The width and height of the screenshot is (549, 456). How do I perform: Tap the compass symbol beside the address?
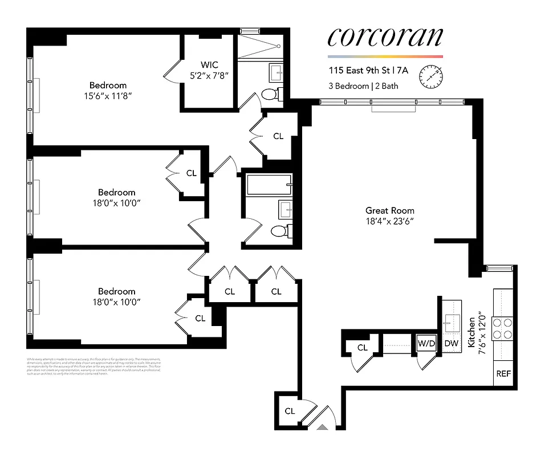(x=431, y=77)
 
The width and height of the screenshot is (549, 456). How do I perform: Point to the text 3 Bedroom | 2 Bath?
(x=363, y=87)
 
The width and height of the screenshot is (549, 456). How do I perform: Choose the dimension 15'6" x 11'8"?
(x=108, y=96)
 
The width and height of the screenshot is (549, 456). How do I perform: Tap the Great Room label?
(x=390, y=210)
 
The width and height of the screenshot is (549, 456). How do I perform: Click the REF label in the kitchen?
(x=503, y=374)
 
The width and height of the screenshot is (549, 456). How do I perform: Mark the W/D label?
(x=426, y=343)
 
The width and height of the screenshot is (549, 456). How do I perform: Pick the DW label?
(x=451, y=343)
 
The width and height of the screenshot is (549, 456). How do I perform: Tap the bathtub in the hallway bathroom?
(x=269, y=185)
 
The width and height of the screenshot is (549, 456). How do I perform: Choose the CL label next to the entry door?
(x=290, y=411)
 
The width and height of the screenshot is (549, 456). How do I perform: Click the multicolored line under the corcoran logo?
(x=385, y=56)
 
